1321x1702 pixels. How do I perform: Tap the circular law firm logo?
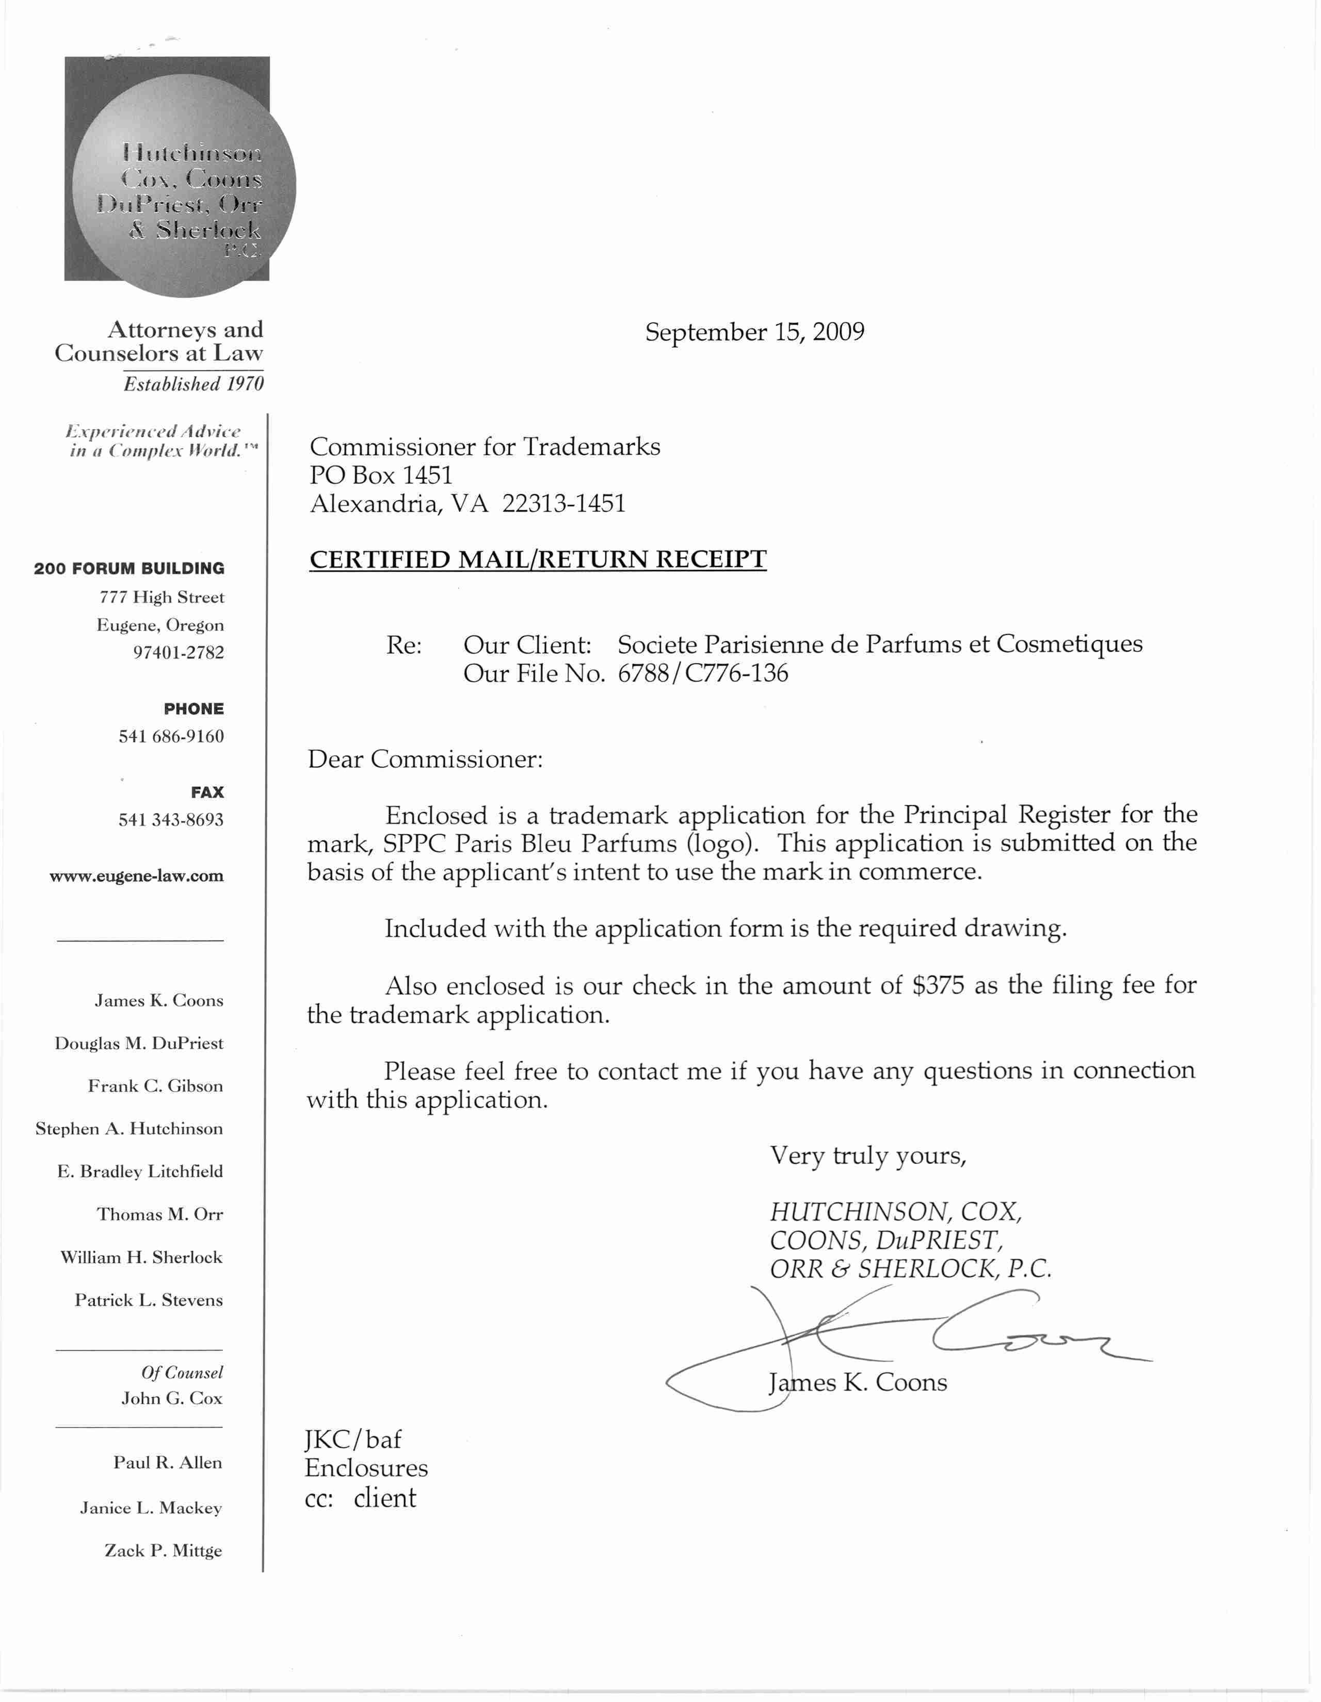[x=183, y=187]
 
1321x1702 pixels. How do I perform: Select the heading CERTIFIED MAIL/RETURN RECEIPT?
[x=538, y=560]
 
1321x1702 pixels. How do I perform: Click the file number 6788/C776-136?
[x=703, y=673]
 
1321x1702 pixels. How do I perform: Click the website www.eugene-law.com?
[x=136, y=876]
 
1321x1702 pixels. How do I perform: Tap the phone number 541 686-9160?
[x=171, y=736]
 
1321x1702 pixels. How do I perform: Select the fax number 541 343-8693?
[x=171, y=820]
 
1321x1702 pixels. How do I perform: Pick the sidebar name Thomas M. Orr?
[x=160, y=1214]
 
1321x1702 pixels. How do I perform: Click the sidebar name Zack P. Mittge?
[x=163, y=1551]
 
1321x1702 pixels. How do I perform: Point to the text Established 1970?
[x=194, y=384]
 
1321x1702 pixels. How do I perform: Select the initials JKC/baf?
[x=353, y=1439]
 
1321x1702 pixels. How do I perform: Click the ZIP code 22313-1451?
[x=563, y=504]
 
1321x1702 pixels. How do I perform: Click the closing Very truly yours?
[x=867, y=1155]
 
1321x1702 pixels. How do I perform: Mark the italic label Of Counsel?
[x=182, y=1373]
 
